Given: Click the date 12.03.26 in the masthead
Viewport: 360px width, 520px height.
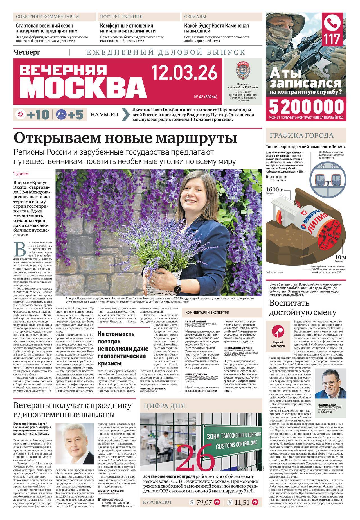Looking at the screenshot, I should click(184, 72).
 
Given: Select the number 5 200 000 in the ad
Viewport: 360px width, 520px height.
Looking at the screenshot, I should click(306, 107).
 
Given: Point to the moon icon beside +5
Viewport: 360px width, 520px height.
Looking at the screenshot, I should click(60, 115).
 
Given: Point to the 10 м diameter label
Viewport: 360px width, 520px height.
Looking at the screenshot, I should click(340, 257).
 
